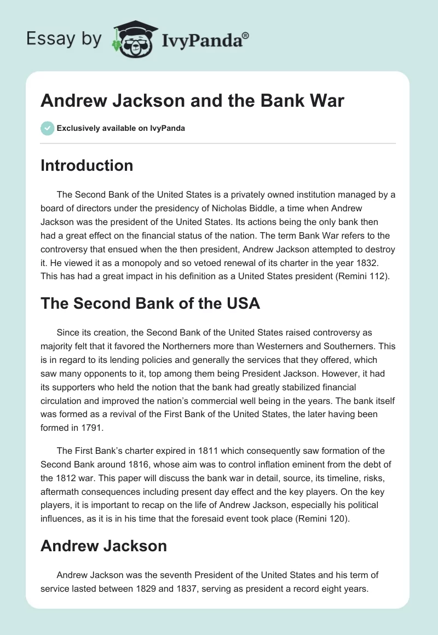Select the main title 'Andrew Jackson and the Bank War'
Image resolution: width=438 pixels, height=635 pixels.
192,101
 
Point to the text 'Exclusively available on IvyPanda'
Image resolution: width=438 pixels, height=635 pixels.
121,128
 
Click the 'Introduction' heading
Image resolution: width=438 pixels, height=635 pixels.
87,165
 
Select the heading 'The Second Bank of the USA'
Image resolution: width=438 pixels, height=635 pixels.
150,303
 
